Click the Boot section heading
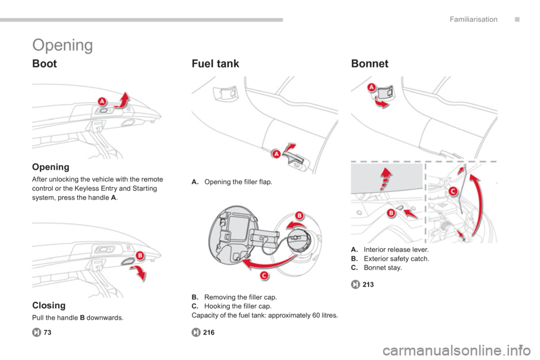[x=44, y=64]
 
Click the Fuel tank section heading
[x=215, y=64]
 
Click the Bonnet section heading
[x=370, y=64]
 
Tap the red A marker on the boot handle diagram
[x=102, y=102]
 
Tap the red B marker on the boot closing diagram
[x=140, y=255]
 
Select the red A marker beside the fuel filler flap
[x=276, y=154]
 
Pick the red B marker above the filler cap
[x=300, y=215]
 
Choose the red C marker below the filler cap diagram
[x=264, y=275]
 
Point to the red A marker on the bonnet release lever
[x=372, y=88]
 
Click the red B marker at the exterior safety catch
[x=391, y=213]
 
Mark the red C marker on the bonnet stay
[x=453, y=191]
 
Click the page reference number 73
[x=47, y=332]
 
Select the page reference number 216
[x=209, y=332]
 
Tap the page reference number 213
[x=368, y=285]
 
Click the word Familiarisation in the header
[x=474, y=20]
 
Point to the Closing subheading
[x=48, y=305]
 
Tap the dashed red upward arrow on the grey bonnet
[x=385, y=178]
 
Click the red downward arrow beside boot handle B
[x=139, y=273]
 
